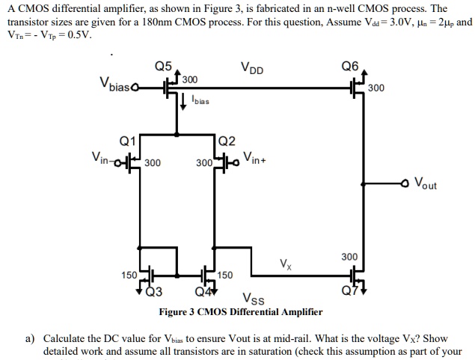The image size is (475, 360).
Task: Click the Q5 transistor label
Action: [x=163, y=65]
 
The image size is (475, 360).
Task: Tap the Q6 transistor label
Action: [x=349, y=65]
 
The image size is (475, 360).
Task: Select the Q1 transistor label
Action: [x=128, y=140]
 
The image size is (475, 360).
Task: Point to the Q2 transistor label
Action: [x=227, y=141]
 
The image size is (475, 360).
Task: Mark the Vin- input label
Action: [x=104, y=157]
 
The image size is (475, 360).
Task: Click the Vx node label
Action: [x=286, y=263]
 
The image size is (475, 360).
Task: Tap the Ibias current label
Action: [x=200, y=100]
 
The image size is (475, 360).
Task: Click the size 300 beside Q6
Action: [x=376, y=88]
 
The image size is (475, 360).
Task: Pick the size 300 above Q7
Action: [x=349, y=257]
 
